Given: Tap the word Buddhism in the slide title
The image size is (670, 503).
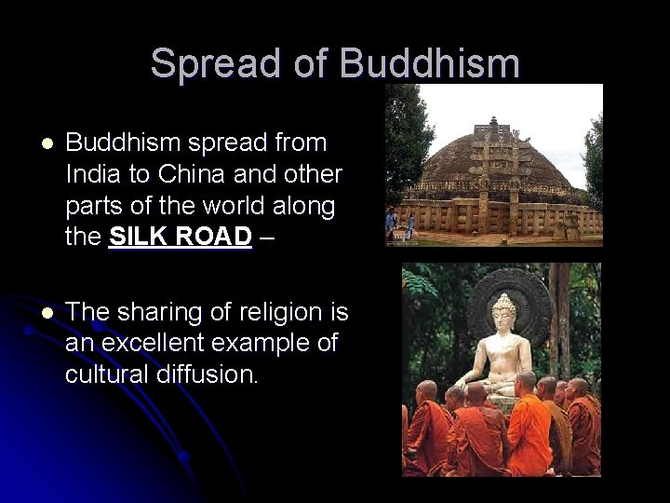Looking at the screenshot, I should coord(430,63).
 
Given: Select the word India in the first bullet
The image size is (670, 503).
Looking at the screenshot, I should coord(89,175).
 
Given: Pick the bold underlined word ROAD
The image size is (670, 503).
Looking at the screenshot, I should coord(216,238).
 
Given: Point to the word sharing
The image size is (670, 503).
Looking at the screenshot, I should coord(165,311).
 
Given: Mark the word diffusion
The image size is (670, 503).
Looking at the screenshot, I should coord(212,374).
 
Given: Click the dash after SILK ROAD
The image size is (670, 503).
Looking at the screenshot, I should coord(267,238).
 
